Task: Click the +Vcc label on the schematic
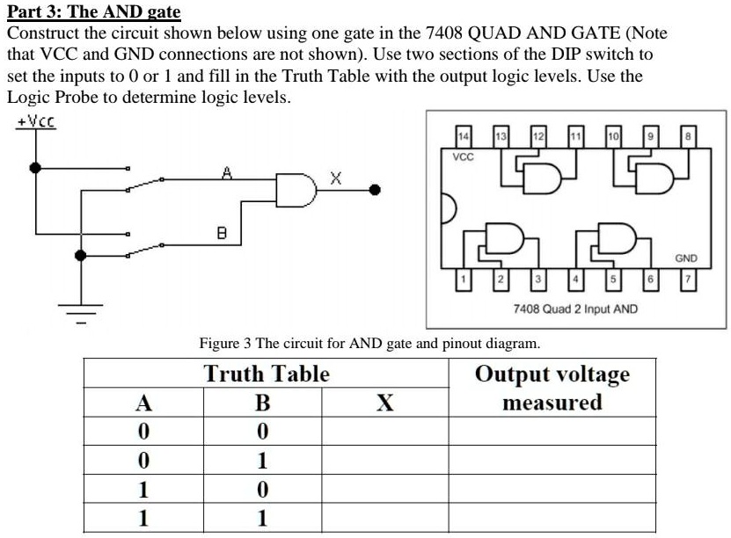point(36,121)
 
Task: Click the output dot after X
point(375,190)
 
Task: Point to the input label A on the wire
point(227,173)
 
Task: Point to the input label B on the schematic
point(222,232)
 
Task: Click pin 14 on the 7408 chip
point(464,136)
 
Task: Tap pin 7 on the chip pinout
point(688,280)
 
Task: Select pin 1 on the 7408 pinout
point(464,280)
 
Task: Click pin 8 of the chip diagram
point(688,136)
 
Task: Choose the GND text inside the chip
point(686,258)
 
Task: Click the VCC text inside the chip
point(463,157)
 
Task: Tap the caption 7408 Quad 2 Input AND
point(575,309)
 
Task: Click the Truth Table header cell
point(267,374)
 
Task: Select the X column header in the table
point(385,403)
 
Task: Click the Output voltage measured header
point(552,388)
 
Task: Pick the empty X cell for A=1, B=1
point(385,518)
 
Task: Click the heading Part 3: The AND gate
point(94,11)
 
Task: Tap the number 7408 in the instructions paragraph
point(444,33)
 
